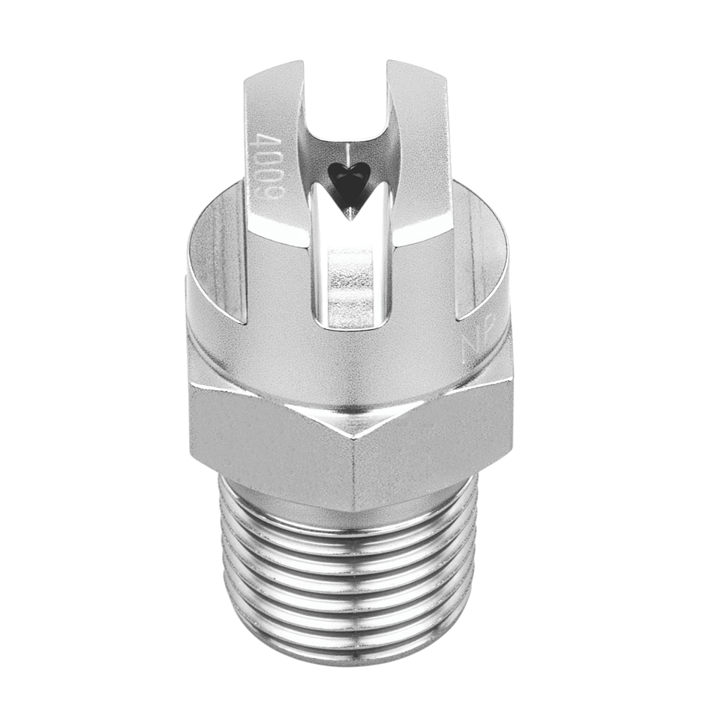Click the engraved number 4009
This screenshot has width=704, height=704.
261,165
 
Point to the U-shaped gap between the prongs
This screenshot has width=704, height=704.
348,111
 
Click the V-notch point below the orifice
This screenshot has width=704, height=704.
348,216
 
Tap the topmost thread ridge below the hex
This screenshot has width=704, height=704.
348,519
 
